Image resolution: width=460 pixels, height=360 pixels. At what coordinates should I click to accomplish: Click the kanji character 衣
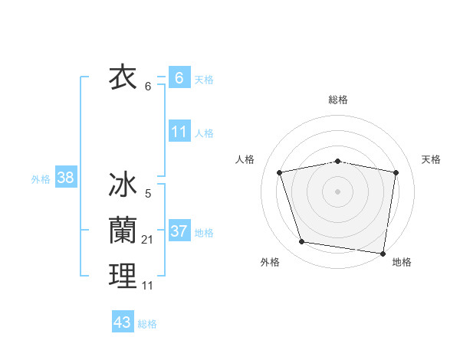coord(123,77)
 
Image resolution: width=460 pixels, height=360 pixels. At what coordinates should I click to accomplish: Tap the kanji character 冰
coord(123,185)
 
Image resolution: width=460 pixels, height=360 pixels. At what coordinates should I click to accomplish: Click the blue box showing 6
coord(179,77)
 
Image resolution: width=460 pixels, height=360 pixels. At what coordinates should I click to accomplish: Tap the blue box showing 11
coord(179,131)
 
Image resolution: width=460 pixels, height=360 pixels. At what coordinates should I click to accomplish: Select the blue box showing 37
coord(179,231)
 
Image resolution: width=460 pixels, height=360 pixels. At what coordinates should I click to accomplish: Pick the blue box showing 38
coord(66,178)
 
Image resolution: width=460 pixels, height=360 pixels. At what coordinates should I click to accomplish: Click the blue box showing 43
coord(123,322)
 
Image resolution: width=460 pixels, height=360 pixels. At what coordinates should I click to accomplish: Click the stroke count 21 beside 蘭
coord(148,240)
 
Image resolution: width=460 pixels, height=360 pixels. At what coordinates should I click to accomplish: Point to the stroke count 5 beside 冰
coord(148,194)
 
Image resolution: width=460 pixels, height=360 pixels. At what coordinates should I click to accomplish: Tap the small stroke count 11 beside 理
coord(148,286)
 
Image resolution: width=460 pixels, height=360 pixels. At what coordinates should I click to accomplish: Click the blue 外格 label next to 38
coord(41,179)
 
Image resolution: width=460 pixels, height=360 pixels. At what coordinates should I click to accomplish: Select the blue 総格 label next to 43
coord(147,324)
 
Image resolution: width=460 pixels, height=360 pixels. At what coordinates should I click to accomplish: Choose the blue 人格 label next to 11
coord(204,133)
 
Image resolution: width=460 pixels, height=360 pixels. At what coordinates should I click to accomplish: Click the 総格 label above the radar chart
coord(337,100)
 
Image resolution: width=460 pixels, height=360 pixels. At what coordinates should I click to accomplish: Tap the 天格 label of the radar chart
coord(431,159)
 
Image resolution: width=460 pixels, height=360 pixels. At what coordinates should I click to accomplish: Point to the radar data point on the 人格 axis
coord(280,172)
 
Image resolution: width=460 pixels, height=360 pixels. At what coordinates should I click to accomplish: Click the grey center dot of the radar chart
coord(337,191)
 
